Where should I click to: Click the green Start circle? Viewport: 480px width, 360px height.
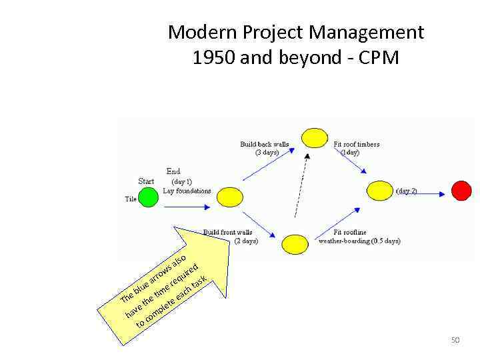pyautogui.click(x=148, y=197)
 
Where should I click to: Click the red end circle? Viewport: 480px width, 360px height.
pyautogui.click(x=461, y=191)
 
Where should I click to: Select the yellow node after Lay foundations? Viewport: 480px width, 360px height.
pyautogui.click(x=230, y=197)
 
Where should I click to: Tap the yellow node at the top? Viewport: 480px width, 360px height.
pyautogui.click(x=315, y=138)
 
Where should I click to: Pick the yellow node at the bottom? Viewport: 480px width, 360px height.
pyautogui.click(x=295, y=244)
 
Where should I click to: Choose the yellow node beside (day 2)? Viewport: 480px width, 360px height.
pyautogui.click(x=380, y=191)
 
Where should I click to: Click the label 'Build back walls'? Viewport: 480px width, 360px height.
pyautogui.click(x=265, y=144)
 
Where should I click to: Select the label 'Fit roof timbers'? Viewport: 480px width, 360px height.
pyautogui.click(x=357, y=144)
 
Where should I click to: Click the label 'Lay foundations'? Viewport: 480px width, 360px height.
pyautogui.click(x=187, y=191)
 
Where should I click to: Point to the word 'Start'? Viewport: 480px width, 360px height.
pyautogui.click(x=146, y=181)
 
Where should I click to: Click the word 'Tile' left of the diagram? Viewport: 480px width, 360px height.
pyautogui.click(x=131, y=199)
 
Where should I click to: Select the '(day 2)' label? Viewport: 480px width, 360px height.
pyautogui.click(x=407, y=191)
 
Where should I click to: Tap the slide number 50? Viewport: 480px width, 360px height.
pyautogui.click(x=455, y=341)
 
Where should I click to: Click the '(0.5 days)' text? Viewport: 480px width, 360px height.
pyautogui.click(x=385, y=241)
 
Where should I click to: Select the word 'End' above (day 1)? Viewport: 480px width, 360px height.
pyautogui.click(x=173, y=171)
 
